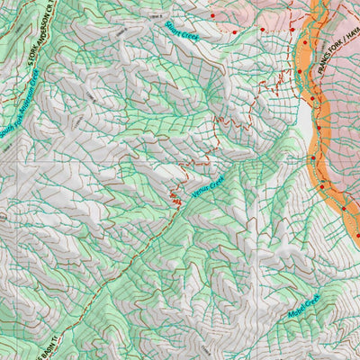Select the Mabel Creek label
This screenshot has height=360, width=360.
(304, 308)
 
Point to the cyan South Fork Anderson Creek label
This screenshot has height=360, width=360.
(21, 103)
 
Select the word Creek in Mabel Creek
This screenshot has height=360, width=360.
(313, 301)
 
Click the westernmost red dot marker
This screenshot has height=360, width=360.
(212, 15)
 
